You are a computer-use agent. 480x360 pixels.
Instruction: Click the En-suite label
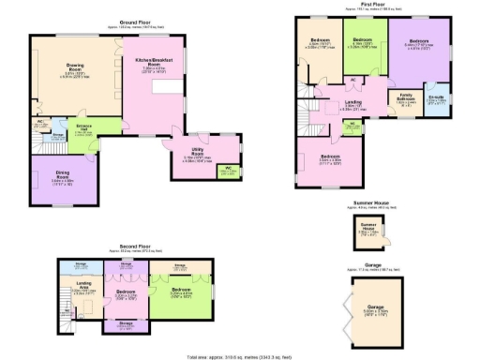click(436, 97)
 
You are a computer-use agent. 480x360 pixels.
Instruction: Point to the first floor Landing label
click(353, 103)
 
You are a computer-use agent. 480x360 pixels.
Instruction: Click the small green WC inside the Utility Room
click(227, 170)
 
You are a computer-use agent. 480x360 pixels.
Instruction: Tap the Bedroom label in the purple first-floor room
click(419, 42)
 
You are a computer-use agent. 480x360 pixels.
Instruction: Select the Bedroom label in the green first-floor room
click(363, 42)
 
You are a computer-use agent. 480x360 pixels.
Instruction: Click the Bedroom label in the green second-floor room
click(181, 290)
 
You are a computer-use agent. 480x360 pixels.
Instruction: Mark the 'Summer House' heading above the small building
click(372, 203)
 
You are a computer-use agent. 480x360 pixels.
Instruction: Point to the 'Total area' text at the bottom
click(240, 355)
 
